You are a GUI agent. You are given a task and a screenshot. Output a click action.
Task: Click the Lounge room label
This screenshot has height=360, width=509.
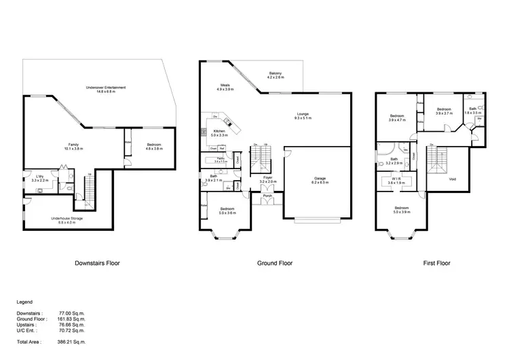[x=302, y=115]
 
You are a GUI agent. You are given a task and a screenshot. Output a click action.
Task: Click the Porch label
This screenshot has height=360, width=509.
[x=267, y=196]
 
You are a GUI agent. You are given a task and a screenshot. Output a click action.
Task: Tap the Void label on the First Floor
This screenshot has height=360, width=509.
[x=453, y=179]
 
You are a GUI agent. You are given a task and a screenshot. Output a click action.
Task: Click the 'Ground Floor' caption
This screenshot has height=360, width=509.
[x=275, y=262]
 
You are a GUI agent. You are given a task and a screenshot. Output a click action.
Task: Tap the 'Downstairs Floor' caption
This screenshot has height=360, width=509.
[x=98, y=262]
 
